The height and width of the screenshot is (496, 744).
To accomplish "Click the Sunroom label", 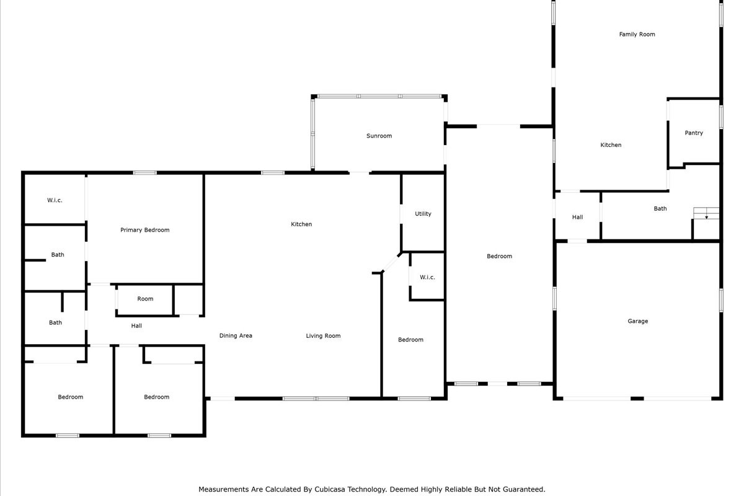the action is (x=379, y=136).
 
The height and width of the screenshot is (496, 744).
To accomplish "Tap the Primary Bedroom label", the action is (x=145, y=230).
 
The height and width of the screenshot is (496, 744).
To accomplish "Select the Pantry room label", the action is (x=694, y=133).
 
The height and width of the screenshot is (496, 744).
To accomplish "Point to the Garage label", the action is (x=638, y=321).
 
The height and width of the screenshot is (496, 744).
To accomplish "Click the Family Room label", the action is (x=637, y=34).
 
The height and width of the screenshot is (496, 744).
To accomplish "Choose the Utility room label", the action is (x=423, y=214).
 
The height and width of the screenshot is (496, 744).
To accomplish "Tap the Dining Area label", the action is (x=236, y=335).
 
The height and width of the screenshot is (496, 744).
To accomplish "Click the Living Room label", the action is (x=323, y=336).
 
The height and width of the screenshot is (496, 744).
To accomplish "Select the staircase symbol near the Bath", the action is (x=706, y=213).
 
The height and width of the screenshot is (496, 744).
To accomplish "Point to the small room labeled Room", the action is (x=145, y=299).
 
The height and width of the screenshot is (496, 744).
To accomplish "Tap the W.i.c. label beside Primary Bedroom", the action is (x=55, y=200).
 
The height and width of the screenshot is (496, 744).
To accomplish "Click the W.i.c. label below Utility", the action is (x=427, y=277).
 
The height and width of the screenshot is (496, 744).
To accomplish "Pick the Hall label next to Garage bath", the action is (x=577, y=217).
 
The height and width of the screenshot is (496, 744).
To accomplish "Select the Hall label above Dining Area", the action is (x=136, y=325).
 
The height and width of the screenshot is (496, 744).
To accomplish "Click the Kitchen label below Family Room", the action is (x=611, y=145).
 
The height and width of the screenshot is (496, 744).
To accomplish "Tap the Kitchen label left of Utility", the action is (x=301, y=224).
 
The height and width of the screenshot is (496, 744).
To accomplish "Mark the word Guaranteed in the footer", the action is (x=524, y=489).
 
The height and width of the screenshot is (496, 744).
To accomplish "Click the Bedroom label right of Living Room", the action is (x=410, y=340).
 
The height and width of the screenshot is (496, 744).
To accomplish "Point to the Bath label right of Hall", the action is (x=660, y=209).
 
